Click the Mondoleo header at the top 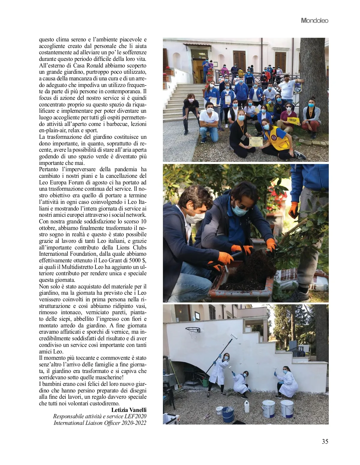[314, 21]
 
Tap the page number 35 [325, 442]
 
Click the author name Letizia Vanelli [129, 410]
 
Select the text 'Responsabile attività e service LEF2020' [100, 416]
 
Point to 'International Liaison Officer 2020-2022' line [100, 423]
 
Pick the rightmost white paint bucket [287, 409]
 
